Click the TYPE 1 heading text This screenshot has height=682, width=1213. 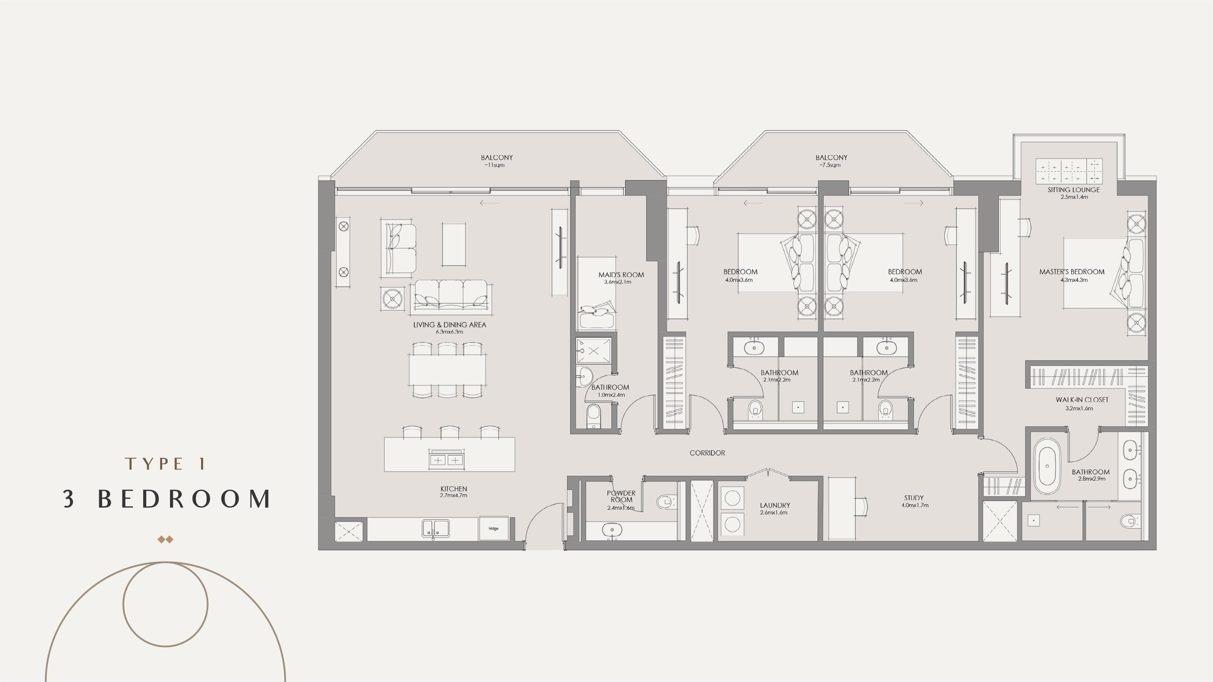pyautogui.click(x=165, y=464)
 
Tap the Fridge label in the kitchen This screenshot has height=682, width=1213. pyautogui.click(x=493, y=529)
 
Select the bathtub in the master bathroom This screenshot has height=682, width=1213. pyautogui.click(x=1047, y=466)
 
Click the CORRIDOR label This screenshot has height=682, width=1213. pyautogui.click(x=707, y=453)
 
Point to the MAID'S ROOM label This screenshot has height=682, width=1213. pyautogui.click(x=621, y=275)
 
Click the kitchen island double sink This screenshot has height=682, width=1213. pyautogui.click(x=446, y=460)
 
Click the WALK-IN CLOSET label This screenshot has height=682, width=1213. pyautogui.click(x=1082, y=400)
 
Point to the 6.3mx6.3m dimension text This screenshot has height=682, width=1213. pyautogui.click(x=449, y=332)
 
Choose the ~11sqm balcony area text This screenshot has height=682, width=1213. pyautogui.click(x=494, y=165)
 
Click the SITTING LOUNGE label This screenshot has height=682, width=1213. pyautogui.click(x=1074, y=190)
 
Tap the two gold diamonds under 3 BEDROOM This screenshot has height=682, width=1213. pyautogui.click(x=165, y=540)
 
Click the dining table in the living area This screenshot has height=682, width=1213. pyautogui.click(x=447, y=370)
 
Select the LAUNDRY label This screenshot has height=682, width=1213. pyautogui.click(x=775, y=506)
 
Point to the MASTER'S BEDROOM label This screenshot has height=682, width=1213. pyautogui.click(x=1072, y=272)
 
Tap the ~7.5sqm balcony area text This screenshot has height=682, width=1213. pyautogui.click(x=829, y=165)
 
